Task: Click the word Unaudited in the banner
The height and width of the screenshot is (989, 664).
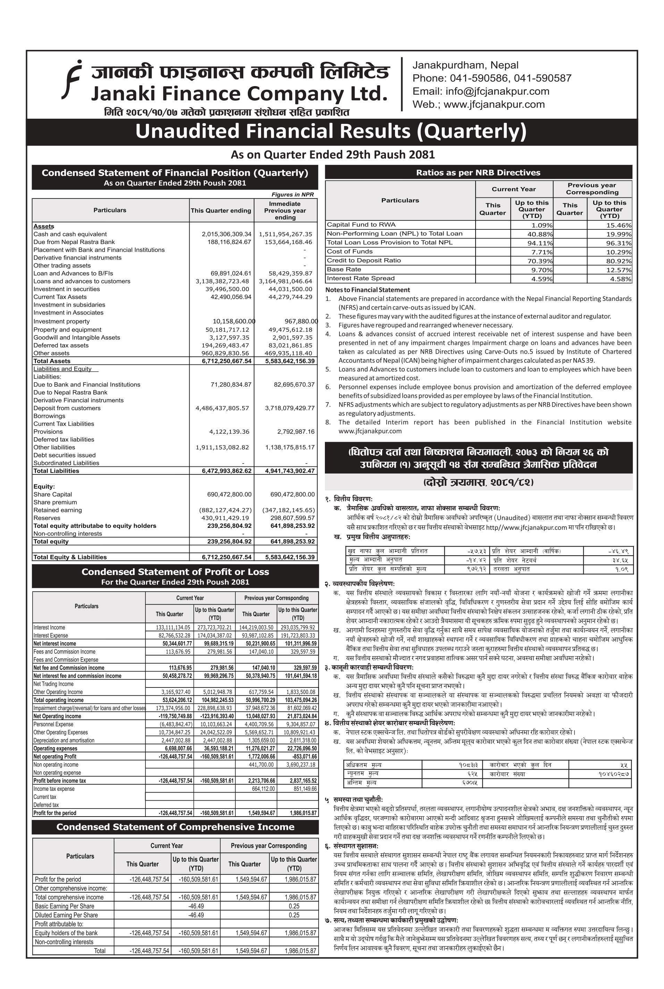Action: point(186,131)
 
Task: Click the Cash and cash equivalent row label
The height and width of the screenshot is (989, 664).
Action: point(70,234)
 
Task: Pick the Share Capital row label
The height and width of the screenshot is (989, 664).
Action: point(53,494)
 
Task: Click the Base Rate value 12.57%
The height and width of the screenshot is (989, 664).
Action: point(619,270)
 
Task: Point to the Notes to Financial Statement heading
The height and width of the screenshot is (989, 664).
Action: point(367,290)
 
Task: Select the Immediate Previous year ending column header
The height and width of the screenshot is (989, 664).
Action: point(285,210)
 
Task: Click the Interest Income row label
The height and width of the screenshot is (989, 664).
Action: point(49,627)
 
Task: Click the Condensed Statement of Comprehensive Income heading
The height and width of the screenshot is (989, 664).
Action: point(175,827)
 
